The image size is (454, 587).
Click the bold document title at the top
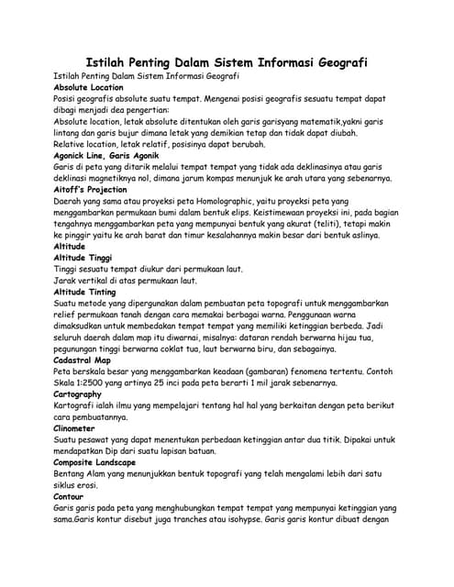click(x=227, y=62)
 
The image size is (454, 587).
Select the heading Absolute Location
click(x=88, y=87)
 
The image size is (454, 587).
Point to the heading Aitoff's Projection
click(x=91, y=190)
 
